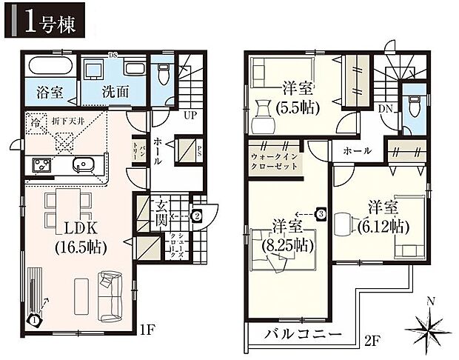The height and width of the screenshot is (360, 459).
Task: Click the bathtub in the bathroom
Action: pyautogui.click(x=48, y=68)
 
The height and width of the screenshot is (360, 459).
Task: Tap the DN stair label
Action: pyautogui.click(x=385, y=108)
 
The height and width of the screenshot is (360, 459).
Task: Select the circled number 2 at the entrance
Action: pyautogui.click(x=197, y=216)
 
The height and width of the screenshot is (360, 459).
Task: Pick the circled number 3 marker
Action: pyautogui.click(x=321, y=213)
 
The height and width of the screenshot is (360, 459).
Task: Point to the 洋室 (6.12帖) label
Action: pyautogui.click(x=382, y=215)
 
